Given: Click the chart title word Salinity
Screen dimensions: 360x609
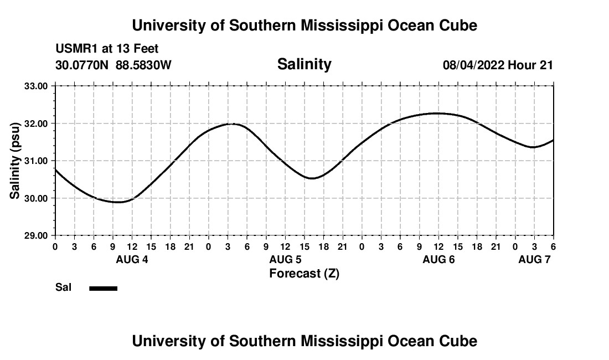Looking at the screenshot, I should tap(304, 64).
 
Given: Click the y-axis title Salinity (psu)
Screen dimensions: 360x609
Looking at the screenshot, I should tap(15, 161).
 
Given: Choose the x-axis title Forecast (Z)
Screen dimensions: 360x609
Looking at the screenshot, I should tap(304, 274).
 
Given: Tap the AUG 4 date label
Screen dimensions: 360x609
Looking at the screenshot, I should tap(132, 260).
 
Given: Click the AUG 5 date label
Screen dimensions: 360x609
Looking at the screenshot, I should tap(285, 260).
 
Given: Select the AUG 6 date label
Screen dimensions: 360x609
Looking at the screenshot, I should tap(438, 260).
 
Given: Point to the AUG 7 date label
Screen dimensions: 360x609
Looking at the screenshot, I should tap(534, 260).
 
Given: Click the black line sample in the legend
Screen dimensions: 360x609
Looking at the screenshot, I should tap(104, 288).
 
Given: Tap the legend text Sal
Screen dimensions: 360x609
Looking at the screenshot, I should tap(63, 287).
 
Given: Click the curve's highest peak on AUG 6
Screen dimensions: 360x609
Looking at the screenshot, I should tap(437, 113).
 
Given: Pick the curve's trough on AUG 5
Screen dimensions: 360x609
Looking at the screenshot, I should tap(312, 178).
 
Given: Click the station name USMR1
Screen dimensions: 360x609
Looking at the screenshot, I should tap(75, 49).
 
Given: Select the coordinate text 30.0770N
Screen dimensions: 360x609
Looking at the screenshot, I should tap(82, 65).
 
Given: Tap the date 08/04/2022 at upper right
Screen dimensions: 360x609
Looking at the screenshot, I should tap(473, 65).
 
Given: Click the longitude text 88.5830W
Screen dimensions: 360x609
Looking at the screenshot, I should tap(143, 65).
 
